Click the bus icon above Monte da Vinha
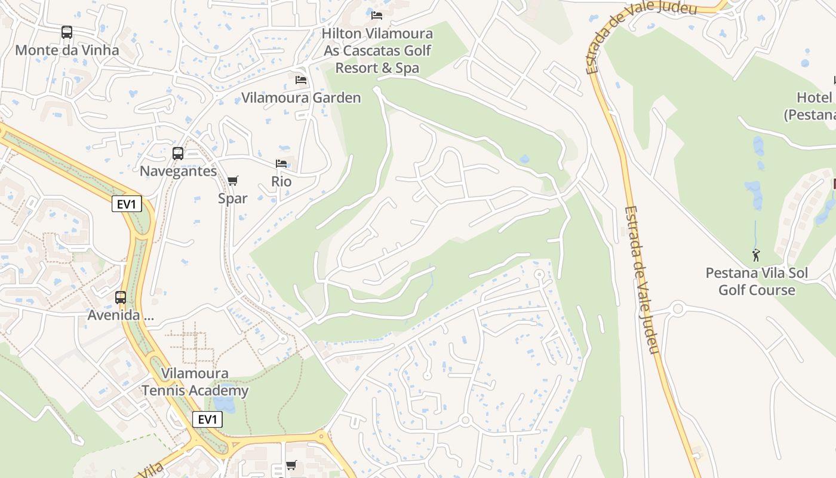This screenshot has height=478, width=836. tap(67, 32)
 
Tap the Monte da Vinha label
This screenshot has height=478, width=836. tap(67, 50)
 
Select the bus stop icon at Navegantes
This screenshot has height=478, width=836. tap(178, 154)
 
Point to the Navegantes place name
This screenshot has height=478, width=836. tap(178, 171)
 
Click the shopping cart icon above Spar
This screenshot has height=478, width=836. tap(233, 180)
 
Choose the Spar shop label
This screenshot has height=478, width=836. tap(233, 198)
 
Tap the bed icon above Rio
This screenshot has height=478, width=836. tap(281, 164)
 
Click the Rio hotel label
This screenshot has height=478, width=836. tap(281, 182)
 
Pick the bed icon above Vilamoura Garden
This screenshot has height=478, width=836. tap(301, 79)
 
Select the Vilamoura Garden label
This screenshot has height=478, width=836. tap(301, 98)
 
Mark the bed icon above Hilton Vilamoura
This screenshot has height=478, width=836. tap(377, 15)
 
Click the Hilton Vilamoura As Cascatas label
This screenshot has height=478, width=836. tap(377, 51)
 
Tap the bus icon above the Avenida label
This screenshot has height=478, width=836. tap(121, 297)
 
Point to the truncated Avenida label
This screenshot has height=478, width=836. tap(121, 315)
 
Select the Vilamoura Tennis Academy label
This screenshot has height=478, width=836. tap(195, 382)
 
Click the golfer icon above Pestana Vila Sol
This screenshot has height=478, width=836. tap(757, 255)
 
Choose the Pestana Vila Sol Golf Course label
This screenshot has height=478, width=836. tap(757, 282)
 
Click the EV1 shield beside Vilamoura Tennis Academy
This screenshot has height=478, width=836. tap(207, 419)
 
